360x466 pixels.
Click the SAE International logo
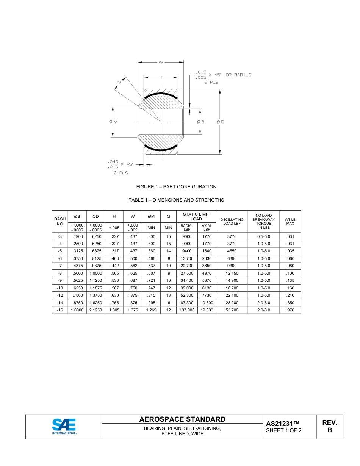pos(64,427)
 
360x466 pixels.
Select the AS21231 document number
pos(282,424)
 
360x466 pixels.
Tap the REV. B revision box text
pos(329,426)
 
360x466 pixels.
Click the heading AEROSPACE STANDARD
pos(182,419)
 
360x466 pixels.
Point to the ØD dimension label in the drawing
pos(221,122)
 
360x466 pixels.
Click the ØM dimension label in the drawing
pos(113,122)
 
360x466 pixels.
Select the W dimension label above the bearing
pos(161,62)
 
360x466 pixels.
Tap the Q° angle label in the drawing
pos(119,83)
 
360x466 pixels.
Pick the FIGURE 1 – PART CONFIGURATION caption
pos(176,187)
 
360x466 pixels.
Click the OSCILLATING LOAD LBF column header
pos(232,222)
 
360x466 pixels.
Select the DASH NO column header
pos(60,222)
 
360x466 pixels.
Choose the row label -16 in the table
pos(60,310)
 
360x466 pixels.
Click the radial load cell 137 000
pos(187,310)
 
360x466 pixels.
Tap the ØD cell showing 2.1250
pos(95,310)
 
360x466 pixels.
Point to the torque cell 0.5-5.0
pos(263,236)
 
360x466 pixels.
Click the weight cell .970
pos(290,310)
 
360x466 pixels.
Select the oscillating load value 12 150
pos(232,273)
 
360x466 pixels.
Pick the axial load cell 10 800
pos(207,303)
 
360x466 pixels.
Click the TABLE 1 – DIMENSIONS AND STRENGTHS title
pos(176,200)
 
